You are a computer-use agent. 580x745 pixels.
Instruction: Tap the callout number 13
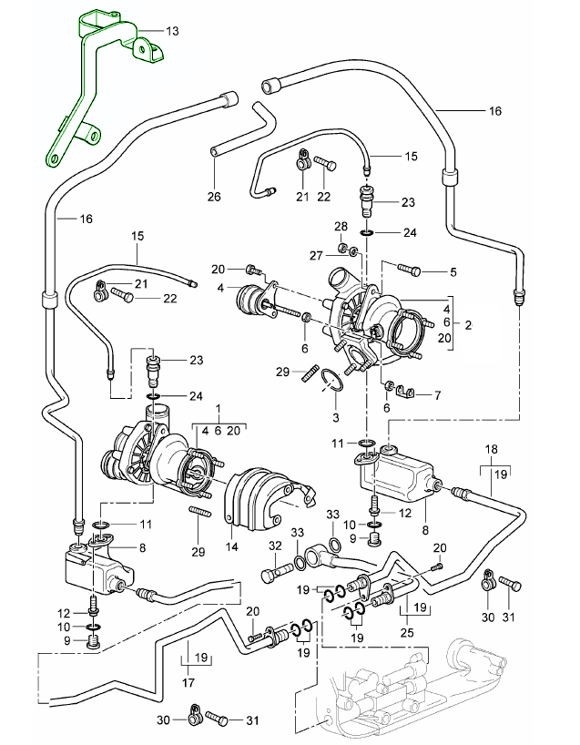click(x=173, y=30)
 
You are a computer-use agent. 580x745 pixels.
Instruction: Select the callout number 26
click(x=214, y=196)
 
